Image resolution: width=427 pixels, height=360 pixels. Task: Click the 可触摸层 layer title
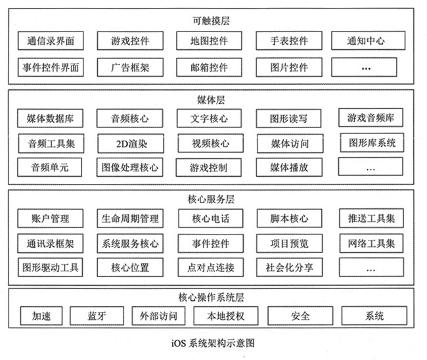pos(211,21)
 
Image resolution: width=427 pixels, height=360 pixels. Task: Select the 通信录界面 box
pos(51,41)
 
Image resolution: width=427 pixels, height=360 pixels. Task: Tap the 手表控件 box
pos(289,41)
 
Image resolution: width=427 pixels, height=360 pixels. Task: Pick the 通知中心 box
pos(368,41)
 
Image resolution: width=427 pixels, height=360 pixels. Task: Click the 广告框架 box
pos(130,67)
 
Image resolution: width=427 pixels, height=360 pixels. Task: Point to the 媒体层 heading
pos(211,100)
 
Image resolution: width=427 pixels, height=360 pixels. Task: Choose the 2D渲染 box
pos(131,143)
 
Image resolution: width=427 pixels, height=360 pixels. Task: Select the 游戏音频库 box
pos(371,118)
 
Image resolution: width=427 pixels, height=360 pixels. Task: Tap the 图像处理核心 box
pos(129,168)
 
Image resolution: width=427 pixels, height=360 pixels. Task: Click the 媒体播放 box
pos(289,168)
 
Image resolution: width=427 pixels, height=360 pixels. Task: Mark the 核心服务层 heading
pos(211,199)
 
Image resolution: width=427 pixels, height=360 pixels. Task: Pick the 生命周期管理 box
pos(130,218)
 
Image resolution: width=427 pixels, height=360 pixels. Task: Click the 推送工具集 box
pos(371,218)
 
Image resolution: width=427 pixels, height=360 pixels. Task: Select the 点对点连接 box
pos(211,267)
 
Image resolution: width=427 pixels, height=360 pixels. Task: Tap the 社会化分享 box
pos(289,267)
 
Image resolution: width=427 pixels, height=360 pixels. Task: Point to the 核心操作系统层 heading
pos(211,297)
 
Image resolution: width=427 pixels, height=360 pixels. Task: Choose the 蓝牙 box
pos(97,316)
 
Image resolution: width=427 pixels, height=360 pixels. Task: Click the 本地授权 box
pos(226,316)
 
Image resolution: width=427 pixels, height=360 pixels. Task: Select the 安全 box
pos(300,316)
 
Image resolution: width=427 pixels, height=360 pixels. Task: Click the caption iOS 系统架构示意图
pos(213,343)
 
